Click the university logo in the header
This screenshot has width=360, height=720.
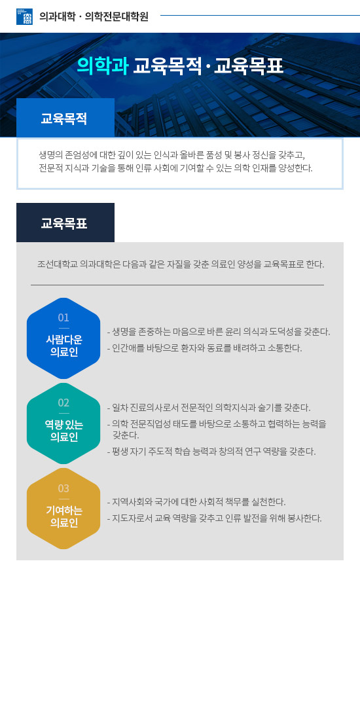(x=24, y=16)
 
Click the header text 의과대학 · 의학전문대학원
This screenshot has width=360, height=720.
(x=94, y=16)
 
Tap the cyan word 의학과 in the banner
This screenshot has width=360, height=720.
(x=102, y=66)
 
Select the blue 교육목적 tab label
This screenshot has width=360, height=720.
(x=64, y=118)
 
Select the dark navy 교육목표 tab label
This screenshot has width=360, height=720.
(x=64, y=224)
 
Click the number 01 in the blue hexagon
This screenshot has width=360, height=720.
(x=63, y=317)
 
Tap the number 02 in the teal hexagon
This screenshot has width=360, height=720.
(x=63, y=403)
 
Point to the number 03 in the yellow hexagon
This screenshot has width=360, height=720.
(x=63, y=488)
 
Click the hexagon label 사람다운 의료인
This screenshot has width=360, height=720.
(x=64, y=346)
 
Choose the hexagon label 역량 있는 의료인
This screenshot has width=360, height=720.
(x=64, y=431)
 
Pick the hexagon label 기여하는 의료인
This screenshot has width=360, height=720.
(x=64, y=516)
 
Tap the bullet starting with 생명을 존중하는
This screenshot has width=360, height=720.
(x=219, y=332)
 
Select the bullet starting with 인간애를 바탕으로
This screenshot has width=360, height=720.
(x=204, y=348)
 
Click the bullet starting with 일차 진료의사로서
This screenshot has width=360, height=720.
(x=209, y=407)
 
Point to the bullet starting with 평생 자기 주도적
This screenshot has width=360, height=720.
(x=211, y=452)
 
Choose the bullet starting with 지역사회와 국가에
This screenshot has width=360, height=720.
(x=196, y=501)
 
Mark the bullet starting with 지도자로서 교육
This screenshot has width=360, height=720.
(x=214, y=518)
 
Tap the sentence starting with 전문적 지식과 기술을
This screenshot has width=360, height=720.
(x=176, y=168)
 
